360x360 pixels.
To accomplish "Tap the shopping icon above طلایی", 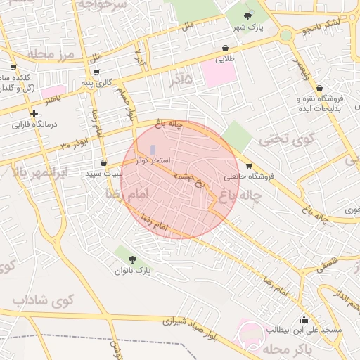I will (x=224, y=48).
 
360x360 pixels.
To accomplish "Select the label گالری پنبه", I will (x=96, y=82).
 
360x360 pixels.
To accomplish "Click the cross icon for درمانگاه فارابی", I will (x=33, y=113).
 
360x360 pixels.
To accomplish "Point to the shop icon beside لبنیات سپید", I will (x=103, y=162).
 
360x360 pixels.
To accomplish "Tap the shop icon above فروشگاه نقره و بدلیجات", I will (x=320, y=89).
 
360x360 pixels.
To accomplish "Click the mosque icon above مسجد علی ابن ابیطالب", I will (x=304, y=319).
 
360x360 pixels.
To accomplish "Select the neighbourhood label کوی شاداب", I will (x=43, y=300).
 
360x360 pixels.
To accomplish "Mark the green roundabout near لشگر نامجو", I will (x=286, y=35).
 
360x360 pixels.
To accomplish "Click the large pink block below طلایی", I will (x=219, y=73).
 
